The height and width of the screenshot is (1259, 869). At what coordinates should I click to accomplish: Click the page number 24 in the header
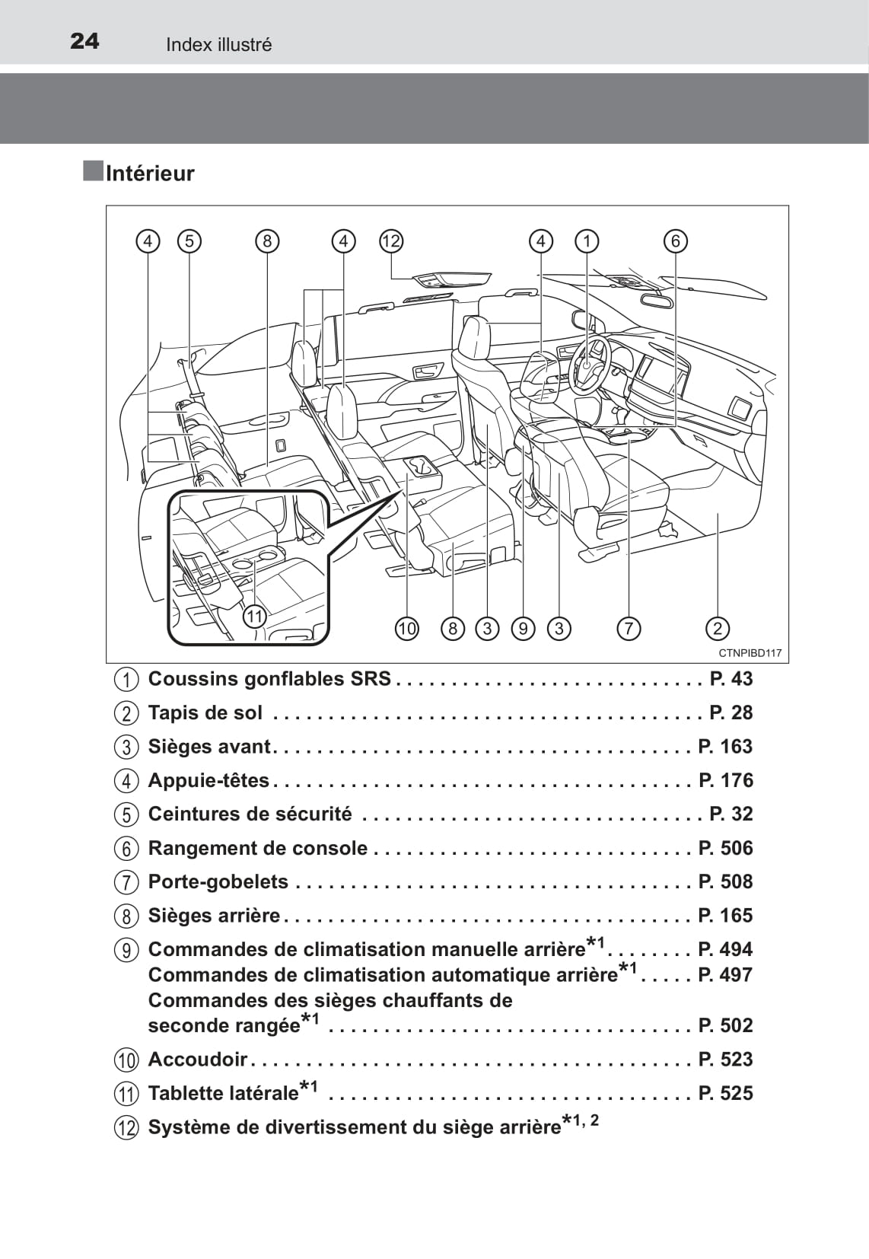coord(84,41)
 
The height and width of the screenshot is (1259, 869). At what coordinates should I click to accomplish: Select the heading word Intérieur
coord(150,174)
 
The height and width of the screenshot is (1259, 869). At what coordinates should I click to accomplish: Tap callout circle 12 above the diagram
coord(391,241)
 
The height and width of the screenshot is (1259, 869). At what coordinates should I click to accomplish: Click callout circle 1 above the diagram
coord(587,241)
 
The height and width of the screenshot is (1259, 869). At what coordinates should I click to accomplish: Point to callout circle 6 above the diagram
coord(675,241)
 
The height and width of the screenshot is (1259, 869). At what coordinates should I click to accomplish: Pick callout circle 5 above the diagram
coord(189,241)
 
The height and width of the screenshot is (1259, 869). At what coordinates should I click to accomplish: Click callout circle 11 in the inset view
coord(254,616)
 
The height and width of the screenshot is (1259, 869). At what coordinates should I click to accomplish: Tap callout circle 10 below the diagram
coord(407,628)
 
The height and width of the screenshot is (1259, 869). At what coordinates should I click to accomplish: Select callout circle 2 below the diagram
coord(718,628)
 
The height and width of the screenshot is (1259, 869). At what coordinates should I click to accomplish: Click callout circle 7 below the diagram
coord(629,628)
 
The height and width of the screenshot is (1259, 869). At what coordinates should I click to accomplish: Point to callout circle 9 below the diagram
coord(523,628)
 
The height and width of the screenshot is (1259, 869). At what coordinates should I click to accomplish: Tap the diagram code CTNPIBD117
coord(750,653)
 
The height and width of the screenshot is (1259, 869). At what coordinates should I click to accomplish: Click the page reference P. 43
coord(731,678)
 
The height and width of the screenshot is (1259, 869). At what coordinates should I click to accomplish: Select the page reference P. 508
coord(725,881)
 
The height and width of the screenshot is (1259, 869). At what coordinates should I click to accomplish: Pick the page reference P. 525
coord(725,1093)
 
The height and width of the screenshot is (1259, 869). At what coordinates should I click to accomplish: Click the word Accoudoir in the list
coord(198,1059)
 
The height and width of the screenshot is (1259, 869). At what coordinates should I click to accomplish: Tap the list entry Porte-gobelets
coord(218,881)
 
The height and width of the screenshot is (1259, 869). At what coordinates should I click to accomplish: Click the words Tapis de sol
coord(205,712)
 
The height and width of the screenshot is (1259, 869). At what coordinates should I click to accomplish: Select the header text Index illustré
coord(219,45)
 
